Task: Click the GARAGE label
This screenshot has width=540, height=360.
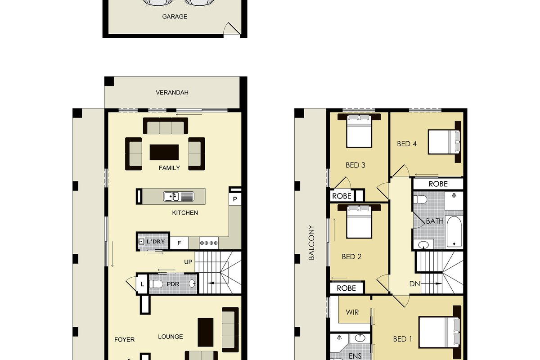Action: pyautogui.click(x=175, y=17)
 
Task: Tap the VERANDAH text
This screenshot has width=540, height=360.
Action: pyautogui.click(x=172, y=93)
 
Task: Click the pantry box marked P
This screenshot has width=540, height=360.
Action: pyautogui.click(x=235, y=199)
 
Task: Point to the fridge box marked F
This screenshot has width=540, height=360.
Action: pyautogui.click(x=179, y=243)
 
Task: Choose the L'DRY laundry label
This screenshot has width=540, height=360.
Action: pyautogui.click(x=156, y=241)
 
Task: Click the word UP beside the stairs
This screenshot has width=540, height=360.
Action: pyautogui.click(x=188, y=262)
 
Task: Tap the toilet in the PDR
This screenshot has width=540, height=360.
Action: pyautogui.click(x=156, y=284)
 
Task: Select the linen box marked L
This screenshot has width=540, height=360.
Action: pyautogui.click(x=142, y=284)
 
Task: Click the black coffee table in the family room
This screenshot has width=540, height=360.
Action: pyautogui.click(x=164, y=152)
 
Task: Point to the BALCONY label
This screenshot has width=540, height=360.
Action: pyautogui.click(x=311, y=243)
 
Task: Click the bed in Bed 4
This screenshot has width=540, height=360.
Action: pyautogui.click(x=444, y=142)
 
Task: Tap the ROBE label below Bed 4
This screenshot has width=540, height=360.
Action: pyautogui.click(x=438, y=184)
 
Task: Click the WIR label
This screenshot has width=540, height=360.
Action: pyautogui.click(x=352, y=312)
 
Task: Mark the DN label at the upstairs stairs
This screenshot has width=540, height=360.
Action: pyautogui.click(x=414, y=284)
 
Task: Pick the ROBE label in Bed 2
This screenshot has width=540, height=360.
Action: pyautogui.click(x=346, y=288)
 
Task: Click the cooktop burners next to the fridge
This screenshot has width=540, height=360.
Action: pyautogui.click(x=209, y=243)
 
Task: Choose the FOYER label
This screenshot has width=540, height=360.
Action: pyautogui.click(x=124, y=340)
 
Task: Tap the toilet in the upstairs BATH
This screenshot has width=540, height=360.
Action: pyautogui.click(x=420, y=199)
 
